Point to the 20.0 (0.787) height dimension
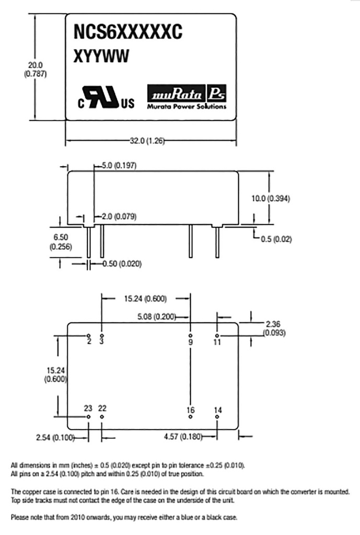[36, 69]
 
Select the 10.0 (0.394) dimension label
[270, 199]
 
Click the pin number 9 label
[191, 342]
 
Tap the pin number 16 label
[191, 410]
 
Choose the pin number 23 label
[88, 408]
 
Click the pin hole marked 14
[218, 417]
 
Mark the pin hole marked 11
[218, 335]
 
